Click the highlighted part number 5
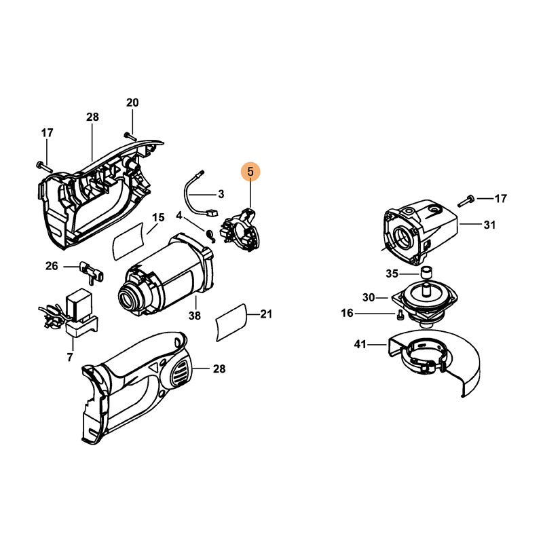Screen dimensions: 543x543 coord(250,172)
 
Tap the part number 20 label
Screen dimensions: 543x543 coord(132,102)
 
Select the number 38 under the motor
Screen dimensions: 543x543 coord(195,315)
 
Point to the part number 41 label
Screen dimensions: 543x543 coord(360,345)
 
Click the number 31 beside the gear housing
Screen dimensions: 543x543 coord(489,225)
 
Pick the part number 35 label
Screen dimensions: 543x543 coord(392,274)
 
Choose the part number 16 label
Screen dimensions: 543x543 coord(348,313)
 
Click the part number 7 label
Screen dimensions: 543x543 coord(70,357)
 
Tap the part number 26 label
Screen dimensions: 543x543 coord(52,266)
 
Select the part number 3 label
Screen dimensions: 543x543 coord(221,194)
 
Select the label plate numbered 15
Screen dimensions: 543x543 coord(129,238)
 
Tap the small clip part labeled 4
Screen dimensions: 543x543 coord(212,233)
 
